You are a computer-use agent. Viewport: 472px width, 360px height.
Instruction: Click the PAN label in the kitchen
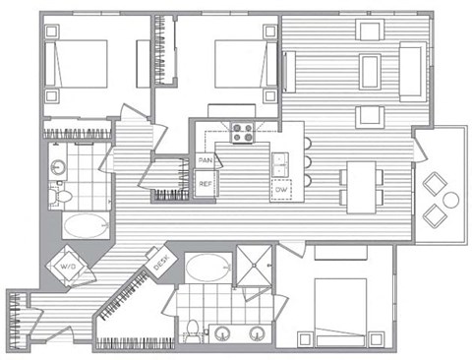(x=206, y=159)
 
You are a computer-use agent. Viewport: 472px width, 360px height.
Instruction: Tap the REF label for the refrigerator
(x=206, y=184)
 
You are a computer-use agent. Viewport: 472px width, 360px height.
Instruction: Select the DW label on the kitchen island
(x=282, y=189)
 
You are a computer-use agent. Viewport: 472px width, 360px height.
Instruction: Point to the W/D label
(x=69, y=266)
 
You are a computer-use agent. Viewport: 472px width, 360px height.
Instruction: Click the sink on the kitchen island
(x=281, y=159)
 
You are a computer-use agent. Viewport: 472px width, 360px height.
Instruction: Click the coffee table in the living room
(x=371, y=71)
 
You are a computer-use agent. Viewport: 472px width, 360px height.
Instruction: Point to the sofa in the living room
(x=412, y=71)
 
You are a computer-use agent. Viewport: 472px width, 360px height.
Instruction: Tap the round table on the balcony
(x=450, y=200)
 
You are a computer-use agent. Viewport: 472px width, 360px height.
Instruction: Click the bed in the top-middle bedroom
(x=238, y=65)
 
